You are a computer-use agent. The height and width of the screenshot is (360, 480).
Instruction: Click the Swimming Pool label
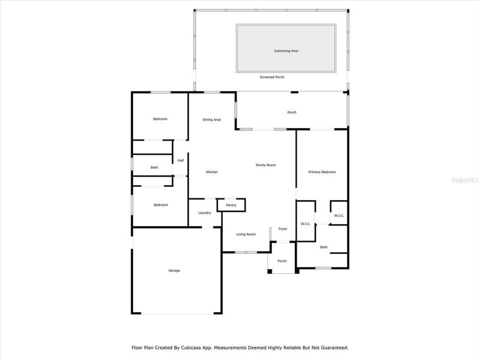(286, 51)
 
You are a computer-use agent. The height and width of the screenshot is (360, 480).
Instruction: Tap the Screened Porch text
(272, 77)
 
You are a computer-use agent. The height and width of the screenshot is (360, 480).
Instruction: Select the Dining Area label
(211, 119)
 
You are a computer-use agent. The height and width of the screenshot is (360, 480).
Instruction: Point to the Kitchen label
(211, 172)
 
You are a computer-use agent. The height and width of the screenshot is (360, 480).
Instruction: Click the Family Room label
(265, 165)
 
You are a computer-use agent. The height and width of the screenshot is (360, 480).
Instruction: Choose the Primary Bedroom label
(322, 172)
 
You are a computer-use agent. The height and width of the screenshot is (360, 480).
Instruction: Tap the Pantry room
(231, 205)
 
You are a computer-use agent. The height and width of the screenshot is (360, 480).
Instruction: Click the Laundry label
(204, 213)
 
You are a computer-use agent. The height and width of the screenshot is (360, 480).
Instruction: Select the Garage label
(174, 270)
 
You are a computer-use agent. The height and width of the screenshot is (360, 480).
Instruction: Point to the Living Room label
(246, 234)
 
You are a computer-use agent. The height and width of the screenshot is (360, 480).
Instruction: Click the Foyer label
(283, 229)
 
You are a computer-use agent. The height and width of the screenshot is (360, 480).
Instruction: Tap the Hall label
(180, 160)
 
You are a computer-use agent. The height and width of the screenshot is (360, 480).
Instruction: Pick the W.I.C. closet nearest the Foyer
(306, 220)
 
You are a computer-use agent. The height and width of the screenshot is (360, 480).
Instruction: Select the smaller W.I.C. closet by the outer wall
(339, 213)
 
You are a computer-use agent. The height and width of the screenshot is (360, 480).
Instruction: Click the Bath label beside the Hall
(154, 167)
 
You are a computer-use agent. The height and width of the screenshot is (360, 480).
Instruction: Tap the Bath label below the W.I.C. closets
(324, 247)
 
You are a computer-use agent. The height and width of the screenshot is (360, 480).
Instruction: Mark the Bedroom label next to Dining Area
(160, 119)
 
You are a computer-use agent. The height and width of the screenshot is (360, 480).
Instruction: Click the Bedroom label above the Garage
(160, 205)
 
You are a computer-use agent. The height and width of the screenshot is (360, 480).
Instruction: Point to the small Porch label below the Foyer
(282, 261)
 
